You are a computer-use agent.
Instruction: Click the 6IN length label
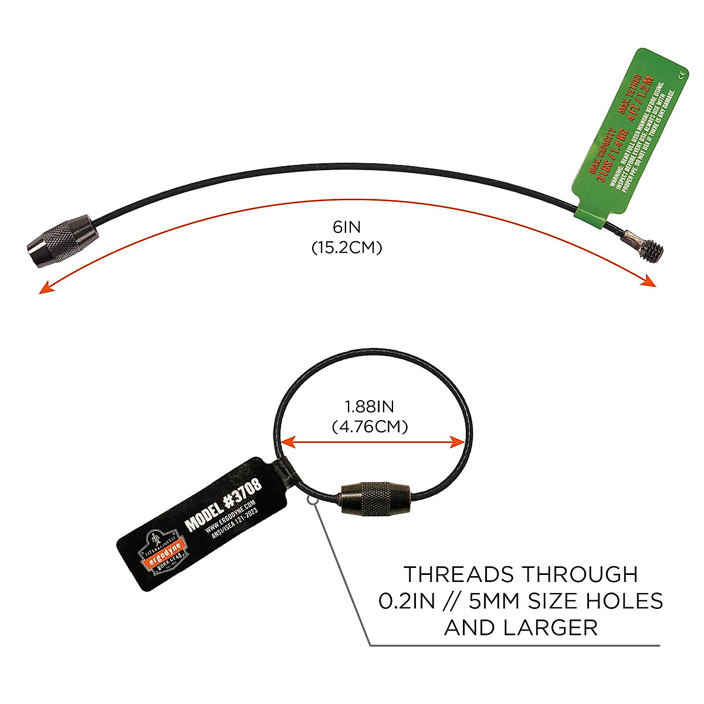tap(346, 227)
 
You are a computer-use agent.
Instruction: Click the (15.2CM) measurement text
tap(346, 248)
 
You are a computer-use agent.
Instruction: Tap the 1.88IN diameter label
tap(370, 406)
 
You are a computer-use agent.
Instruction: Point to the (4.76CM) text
tap(370, 427)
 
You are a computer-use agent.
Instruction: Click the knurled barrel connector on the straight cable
tap(63, 240)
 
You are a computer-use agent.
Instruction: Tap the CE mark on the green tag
tap(683, 75)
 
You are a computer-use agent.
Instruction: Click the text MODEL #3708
tap(224, 504)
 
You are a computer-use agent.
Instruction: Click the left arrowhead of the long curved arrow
tap(43, 289)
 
